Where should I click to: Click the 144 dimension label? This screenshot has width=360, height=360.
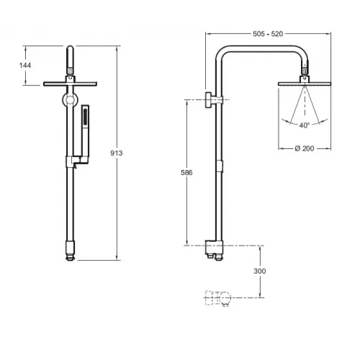tap(25, 66)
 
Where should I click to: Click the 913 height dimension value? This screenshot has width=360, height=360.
tap(117, 153)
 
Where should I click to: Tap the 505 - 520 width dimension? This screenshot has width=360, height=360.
tap(268, 34)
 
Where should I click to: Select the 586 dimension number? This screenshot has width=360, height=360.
tap(186, 173)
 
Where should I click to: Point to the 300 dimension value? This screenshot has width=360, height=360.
tap(260, 271)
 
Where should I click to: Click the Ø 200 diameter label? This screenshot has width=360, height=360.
tap(305, 148)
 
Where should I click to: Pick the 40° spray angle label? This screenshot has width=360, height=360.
tap(305, 125)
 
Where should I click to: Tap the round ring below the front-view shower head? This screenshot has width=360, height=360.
tap(70, 99)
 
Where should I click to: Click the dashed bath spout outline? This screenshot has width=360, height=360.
tap(218, 299)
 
